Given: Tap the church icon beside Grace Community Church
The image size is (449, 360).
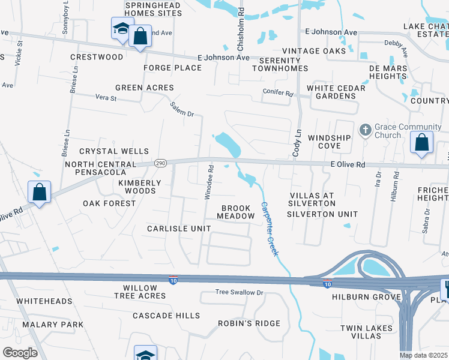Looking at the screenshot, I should (364, 130).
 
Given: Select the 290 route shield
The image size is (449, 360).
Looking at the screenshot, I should (160, 163).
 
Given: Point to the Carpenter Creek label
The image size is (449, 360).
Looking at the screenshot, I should (270, 229).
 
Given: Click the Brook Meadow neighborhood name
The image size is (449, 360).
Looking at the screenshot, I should (236, 212).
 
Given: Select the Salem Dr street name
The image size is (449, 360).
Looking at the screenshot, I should (182, 109).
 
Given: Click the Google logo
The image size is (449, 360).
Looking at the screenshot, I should (20, 353).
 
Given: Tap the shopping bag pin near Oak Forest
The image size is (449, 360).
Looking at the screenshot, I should (39, 193).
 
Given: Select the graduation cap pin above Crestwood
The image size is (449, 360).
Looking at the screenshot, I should (121, 29).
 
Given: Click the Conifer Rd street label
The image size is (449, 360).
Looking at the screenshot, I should (277, 94).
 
